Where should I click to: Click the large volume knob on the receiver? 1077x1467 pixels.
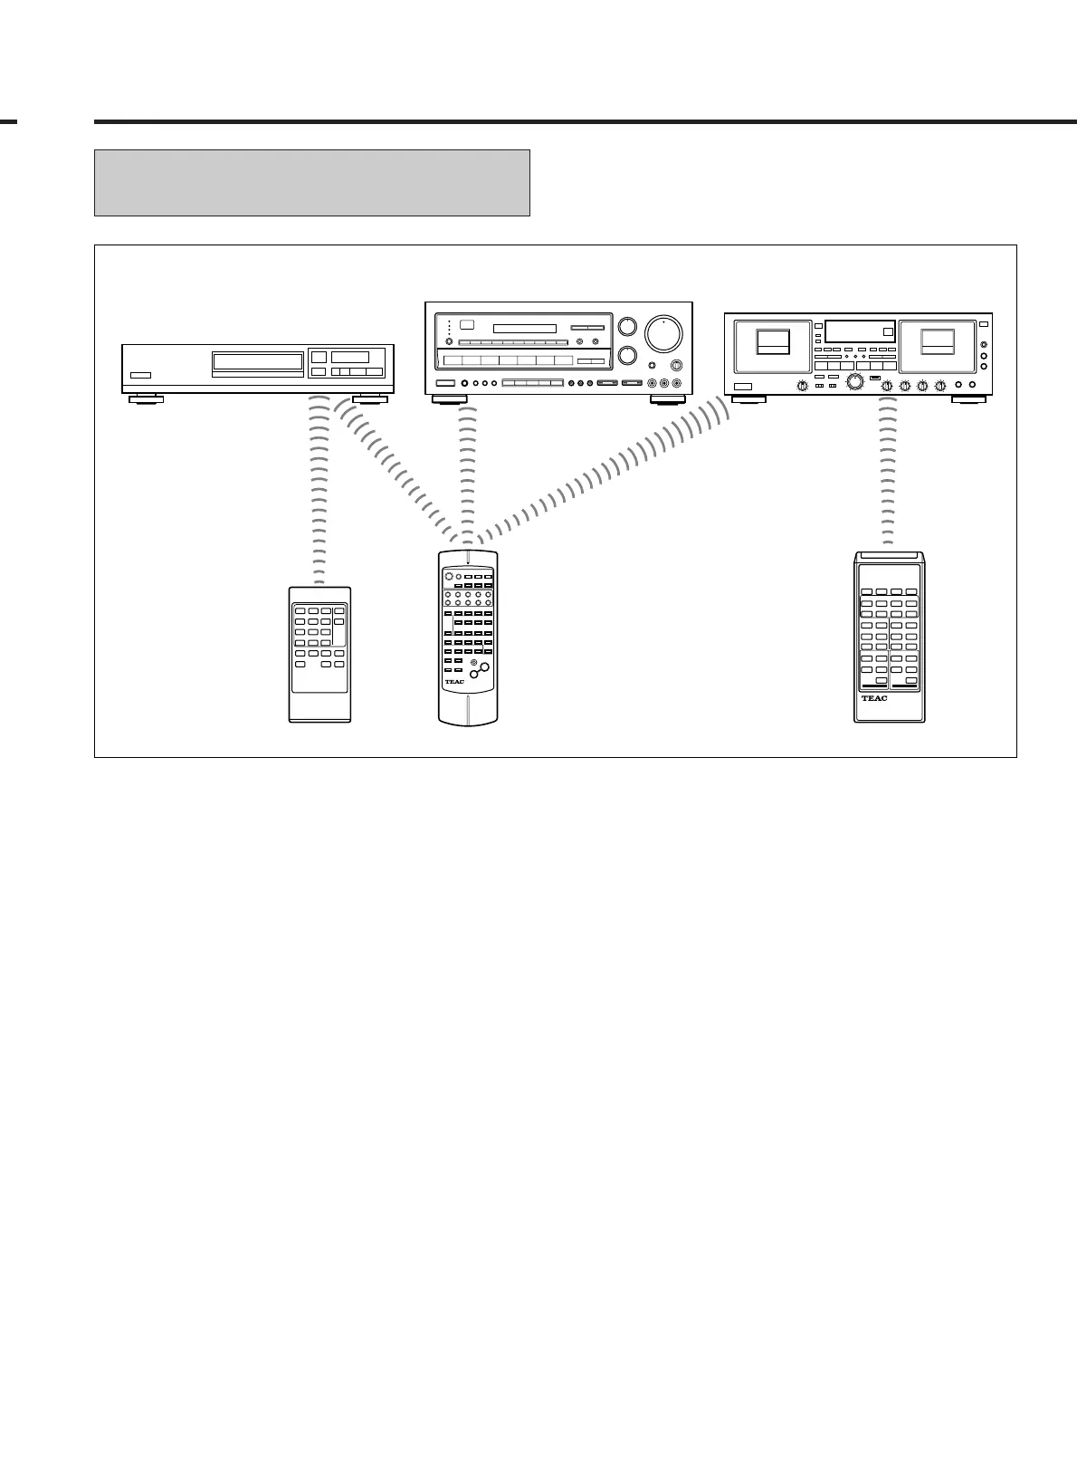(x=663, y=334)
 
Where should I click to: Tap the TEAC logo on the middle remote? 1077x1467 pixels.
(x=454, y=682)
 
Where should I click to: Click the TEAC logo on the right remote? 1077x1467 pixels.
(x=874, y=698)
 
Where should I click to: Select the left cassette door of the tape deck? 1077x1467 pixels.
(x=773, y=344)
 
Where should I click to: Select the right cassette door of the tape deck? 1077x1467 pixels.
(x=937, y=344)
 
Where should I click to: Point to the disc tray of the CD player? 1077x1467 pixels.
(x=258, y=361)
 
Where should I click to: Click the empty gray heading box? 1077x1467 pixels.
(x=311, y=183)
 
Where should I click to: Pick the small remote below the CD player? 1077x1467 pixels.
(x=319, y=654)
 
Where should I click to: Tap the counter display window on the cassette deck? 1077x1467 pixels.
(x=860, y=331)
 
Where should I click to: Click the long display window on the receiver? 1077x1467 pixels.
(x=524, y=328)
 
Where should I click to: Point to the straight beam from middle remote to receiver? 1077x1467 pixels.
(x=467, y=471)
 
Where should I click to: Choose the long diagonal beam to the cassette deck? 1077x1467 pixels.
(x=606, y=475)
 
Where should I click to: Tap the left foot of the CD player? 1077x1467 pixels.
(x=146, y=398)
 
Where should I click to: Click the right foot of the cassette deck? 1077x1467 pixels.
(x=967, y=398)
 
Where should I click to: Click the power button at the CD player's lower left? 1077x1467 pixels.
(x=139, y=375)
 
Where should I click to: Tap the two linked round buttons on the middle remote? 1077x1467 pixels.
(x=479, y=671)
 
